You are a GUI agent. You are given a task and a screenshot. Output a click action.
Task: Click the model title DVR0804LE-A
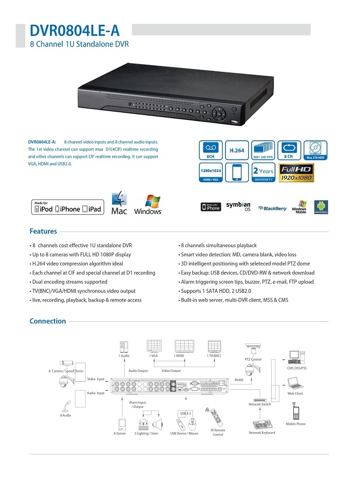[x=74, y=31]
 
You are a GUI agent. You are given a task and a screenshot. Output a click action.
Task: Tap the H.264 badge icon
[x=237, y=151]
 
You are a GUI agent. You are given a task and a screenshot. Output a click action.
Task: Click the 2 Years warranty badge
[x=263, y=173]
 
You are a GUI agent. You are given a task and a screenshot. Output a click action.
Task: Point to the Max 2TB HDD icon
[x=315, y=151]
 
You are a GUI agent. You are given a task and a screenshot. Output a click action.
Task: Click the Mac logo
[x=119, y=203]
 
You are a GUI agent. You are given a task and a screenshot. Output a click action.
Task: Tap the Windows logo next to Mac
[x=148, y=204]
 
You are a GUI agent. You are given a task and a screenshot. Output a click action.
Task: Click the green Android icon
[x=320, y=206]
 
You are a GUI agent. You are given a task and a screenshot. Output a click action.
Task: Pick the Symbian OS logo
[x=238, y=206]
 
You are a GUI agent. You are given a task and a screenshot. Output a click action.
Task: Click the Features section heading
[x=43, y=232]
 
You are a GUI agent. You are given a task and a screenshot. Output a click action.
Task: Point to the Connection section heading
[x=48, y=321]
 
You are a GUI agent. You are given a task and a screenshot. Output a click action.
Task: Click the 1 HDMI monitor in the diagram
[x=184, y=347]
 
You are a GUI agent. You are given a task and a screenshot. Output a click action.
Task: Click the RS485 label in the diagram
[x=239, y=380]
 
